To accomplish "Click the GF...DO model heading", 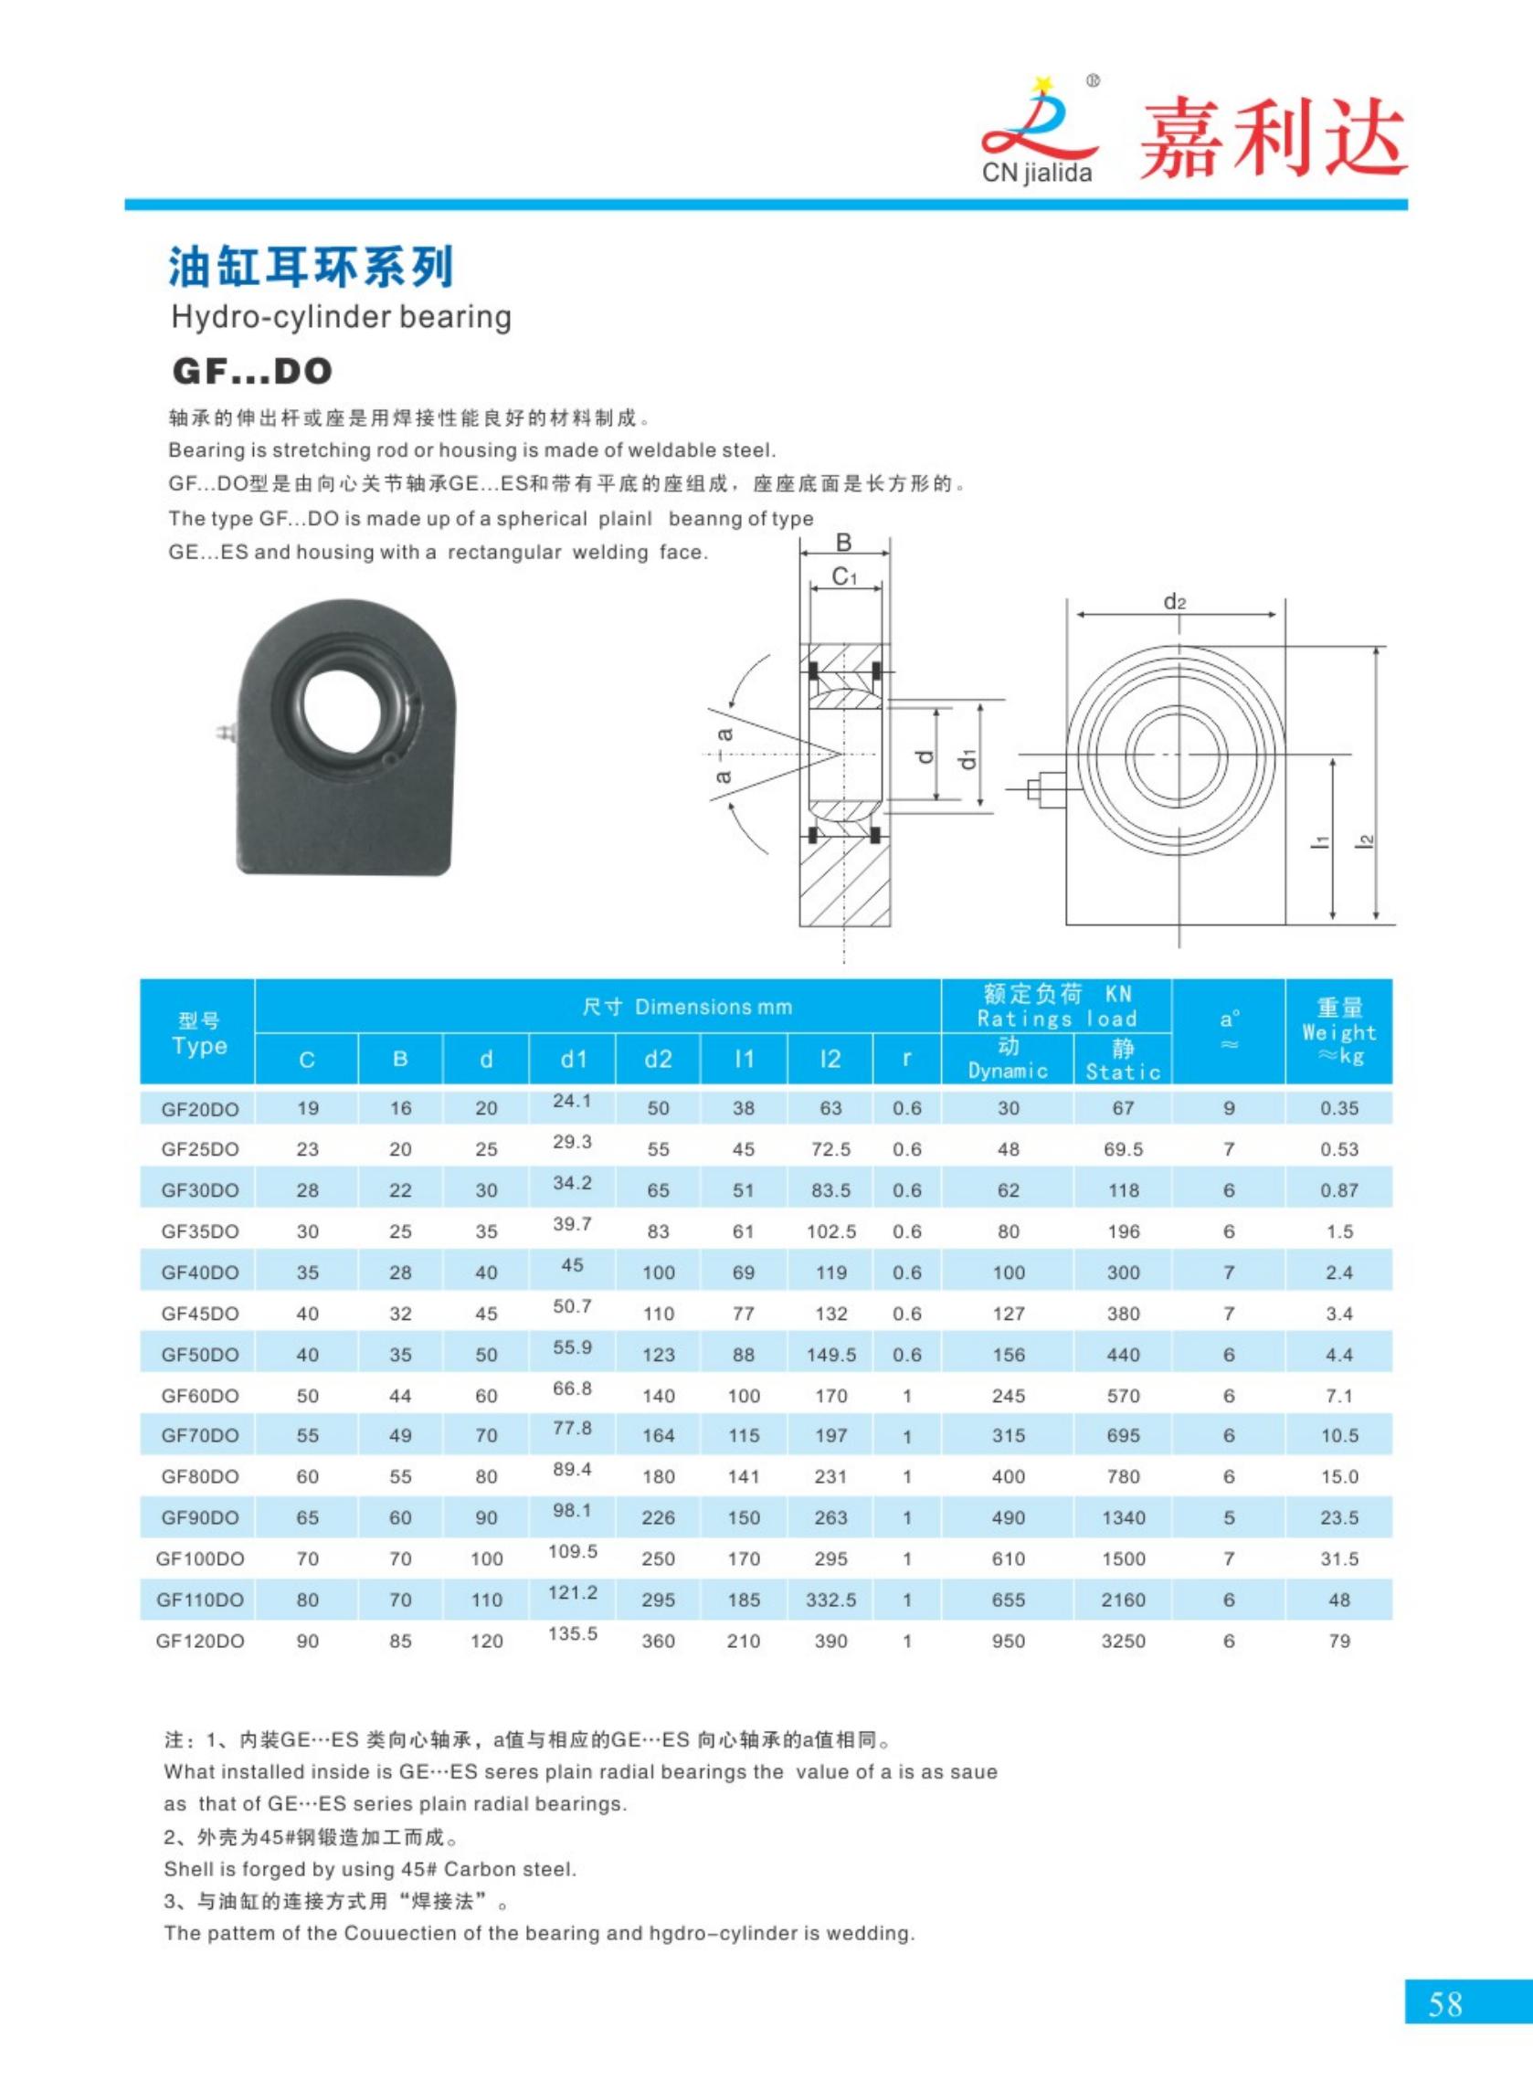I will [252, 371].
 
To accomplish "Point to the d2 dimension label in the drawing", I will [1175, 602].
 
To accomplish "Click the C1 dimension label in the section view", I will [843, 577].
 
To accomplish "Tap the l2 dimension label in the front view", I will [1365, 840].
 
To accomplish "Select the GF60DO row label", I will [199, 1395].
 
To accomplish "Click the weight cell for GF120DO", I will [1338, 1641].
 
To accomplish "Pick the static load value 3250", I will [1123, 1641].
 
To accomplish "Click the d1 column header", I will [573, 1059].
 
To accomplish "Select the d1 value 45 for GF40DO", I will [573, 1265].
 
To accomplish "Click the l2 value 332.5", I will [830, 1600].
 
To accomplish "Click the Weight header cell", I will [1338, 1031].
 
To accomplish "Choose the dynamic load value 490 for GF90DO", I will [1008, 1517].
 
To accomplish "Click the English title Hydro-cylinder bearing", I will [341, 317].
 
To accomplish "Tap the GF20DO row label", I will [199, 1108].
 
